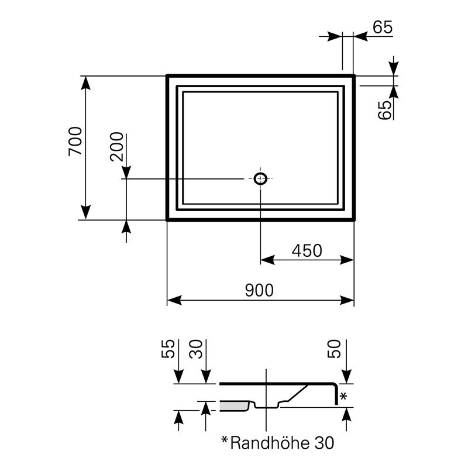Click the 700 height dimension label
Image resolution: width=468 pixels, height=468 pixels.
coord(75,141)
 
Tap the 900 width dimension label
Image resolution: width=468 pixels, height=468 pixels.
coord(259,290)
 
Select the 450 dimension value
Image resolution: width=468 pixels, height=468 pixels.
coord(307,251)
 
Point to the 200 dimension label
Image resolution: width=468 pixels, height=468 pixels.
coord(116,147)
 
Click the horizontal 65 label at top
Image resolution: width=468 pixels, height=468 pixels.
coord(383,27)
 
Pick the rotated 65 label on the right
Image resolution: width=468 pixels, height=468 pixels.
coord(384,110)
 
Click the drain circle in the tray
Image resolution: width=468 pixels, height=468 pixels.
coord(260,178)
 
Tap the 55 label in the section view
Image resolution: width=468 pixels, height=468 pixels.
coord(168,349)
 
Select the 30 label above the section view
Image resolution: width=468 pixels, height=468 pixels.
coord(196,349)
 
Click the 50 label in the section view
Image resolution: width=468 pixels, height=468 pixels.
coord(334,349)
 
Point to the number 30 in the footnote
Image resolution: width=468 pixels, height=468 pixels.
coord(324,443)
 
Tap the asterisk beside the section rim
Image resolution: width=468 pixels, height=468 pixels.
coord(343,397)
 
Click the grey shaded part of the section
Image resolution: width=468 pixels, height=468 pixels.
coord(235,406)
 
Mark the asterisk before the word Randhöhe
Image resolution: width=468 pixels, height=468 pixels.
coord(225,440)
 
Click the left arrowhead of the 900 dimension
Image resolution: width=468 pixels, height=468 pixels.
coord(174,300)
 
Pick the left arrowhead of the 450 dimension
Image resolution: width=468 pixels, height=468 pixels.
coord(268,260)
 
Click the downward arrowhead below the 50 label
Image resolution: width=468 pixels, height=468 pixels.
coord(346,377)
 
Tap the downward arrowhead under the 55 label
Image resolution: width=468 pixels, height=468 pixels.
coord(178,377)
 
